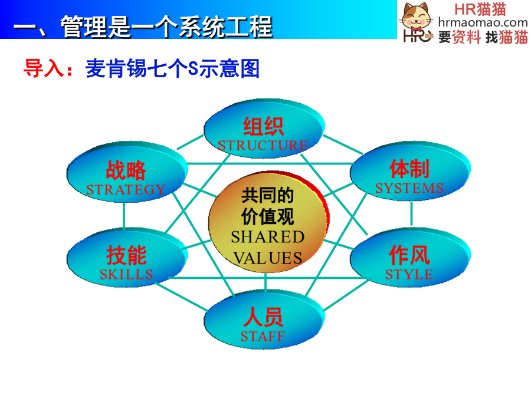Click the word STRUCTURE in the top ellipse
[x=263, y=146]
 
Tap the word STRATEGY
[x=126, y=189]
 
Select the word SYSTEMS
[x=409, y=188]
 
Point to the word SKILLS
[x=126, y=274]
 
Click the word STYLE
[x=409, y=274]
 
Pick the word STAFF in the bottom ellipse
[x=263, y=337]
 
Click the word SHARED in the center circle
[x=267, y=237]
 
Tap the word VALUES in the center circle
[x=267, y=258]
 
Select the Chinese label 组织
[x=263, y=126]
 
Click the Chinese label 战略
[x=126, y=170]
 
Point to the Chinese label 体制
[x=409, y=169]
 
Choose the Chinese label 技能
[x=126, y=255]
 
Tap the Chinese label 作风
[x=409, y=255]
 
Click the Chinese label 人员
[x=263, y=317]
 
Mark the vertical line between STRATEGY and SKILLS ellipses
[x=124, y=216]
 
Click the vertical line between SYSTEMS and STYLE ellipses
[x=411, y=214]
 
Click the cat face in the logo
[x=417, y=17]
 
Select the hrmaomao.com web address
[x=483, y=23]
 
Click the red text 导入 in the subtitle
[x=44, y=68]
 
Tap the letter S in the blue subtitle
[x=193, y=68]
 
